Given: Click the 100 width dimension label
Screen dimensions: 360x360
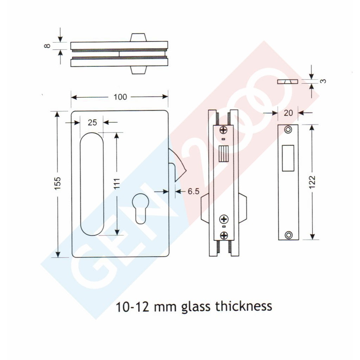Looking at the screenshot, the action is [120, 97].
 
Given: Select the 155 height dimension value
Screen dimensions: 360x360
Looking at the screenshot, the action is [57, 183].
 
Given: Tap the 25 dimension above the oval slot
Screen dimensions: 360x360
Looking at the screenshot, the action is [92, 123].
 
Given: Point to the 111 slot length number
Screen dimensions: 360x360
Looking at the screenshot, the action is [117, 184].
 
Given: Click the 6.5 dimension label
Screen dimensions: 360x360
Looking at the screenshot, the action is [194, 191].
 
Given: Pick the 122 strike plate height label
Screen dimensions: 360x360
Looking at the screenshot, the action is [312, 182].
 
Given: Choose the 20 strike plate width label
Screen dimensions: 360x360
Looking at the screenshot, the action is [288, 113].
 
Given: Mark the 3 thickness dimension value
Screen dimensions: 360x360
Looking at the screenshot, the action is [323, 81].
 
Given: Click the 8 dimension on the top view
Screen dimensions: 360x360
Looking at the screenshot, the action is [47, 46].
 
